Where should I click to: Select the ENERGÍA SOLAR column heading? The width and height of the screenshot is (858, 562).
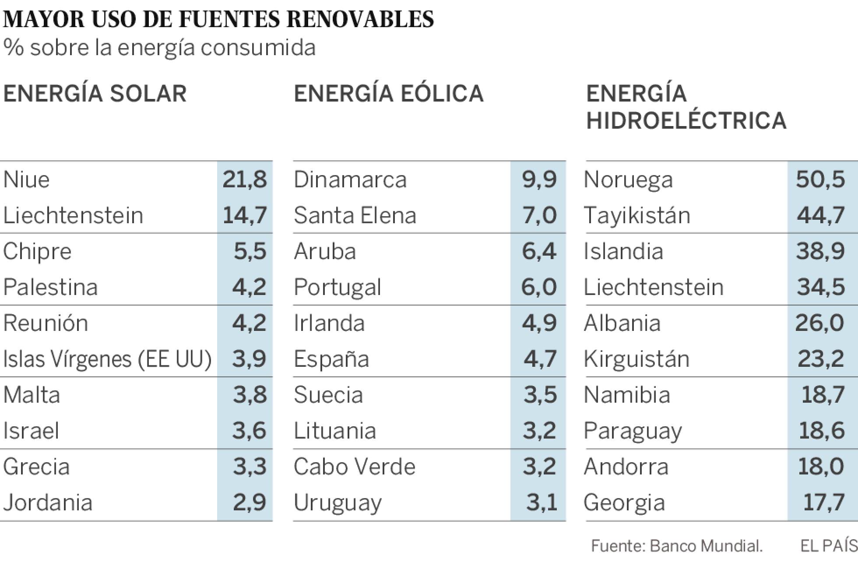click(x=95, y=94)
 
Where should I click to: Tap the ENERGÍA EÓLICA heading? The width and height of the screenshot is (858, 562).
click(x=388, y=94)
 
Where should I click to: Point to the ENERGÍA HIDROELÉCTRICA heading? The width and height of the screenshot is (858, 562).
click(x=686, y=107)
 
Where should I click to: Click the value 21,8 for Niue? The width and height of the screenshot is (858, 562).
click(x=245, y=179)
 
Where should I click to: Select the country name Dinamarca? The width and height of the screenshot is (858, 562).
click(x=350, y=179)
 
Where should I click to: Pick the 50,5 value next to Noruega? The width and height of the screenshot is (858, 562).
click(x=820, y=179)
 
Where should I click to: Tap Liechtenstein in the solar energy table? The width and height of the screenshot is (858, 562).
click(x=73, y=215)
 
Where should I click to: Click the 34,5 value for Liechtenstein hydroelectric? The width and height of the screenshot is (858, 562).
click(x=820, y=287)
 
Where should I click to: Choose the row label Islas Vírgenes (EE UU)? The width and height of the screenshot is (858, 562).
click(x=107, y=359)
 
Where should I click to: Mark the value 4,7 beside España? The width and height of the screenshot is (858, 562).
click(x=540, y=359)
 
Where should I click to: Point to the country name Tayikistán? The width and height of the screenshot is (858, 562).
click(x=637, y=215)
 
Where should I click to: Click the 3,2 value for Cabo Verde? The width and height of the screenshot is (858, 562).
click(x=540, y=467)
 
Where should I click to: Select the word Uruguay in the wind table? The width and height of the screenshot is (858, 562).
click(x=338, y=502)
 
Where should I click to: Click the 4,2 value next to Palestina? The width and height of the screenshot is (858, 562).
click(x=250, y=287)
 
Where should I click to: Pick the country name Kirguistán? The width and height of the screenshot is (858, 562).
click(x=636, y=359)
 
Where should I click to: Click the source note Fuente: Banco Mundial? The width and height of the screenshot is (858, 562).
click(x=677, y=546)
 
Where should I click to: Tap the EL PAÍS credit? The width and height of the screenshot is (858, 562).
click(x=828, y=546)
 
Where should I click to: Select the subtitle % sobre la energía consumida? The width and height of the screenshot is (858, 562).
click(x=159, y=47)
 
